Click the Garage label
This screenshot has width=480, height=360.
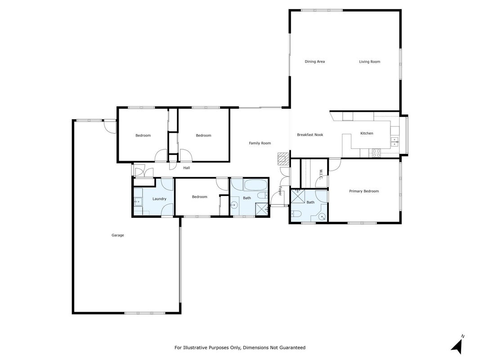click(117, 235)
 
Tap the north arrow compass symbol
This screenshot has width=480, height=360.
click(458, 345)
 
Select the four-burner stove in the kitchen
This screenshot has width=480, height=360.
click(376, 153)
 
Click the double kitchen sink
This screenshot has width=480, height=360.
click(395, 142)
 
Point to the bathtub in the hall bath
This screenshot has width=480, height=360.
click(255, 184)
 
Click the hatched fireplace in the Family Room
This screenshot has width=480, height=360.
click(283, 159)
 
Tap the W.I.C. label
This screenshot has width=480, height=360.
click(321, 174)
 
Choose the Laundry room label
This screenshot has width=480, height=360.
click(159, 198)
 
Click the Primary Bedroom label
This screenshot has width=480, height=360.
click(364, 191)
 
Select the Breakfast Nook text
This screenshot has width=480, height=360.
click(310, 135)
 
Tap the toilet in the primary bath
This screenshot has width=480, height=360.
click(296, 213)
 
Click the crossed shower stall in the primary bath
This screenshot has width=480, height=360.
click(297, 196)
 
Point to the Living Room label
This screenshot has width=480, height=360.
click(369, 62)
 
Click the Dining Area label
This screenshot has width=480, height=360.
click(315, 62)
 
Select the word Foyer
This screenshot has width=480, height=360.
click(280, 191)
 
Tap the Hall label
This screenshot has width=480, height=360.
click(186, 168)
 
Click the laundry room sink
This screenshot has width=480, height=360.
click(138, 202)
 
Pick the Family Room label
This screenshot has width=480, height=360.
click(260, 143)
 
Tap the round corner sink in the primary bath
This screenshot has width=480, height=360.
click(322, 216)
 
